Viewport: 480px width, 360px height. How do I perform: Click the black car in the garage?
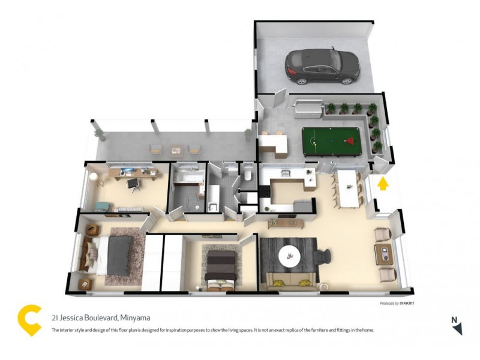click(x=322, y=66)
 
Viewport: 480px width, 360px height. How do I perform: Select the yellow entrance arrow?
click(x=383, y=182)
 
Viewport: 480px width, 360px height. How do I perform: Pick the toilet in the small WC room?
click(x=248, y=175)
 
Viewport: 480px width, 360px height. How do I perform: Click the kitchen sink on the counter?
click(x=287, y=174)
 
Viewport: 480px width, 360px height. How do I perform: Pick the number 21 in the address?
click(x=55, y=318)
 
